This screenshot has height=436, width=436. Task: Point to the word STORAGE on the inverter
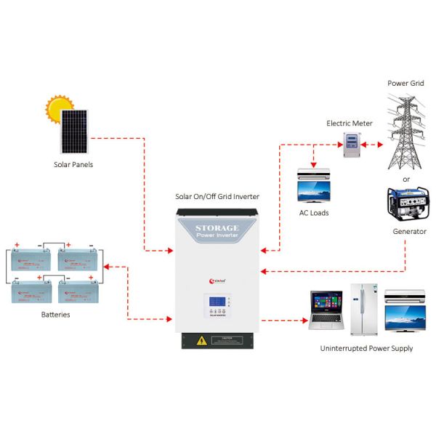tap(217, 228)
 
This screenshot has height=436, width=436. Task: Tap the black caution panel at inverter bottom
tap(218, 339)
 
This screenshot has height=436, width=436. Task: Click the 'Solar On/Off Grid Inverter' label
tap(217, 196)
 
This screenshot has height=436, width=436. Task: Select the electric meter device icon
tap(352, 146)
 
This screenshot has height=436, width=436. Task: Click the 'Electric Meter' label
tap(349, 124)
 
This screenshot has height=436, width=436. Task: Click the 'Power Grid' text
tap(405, 84)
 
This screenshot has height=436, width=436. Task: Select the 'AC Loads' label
tap(314, 213)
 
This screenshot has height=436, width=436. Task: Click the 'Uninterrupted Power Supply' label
tap(366, 348)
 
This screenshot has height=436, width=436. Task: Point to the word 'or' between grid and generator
tap(405, 178)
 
